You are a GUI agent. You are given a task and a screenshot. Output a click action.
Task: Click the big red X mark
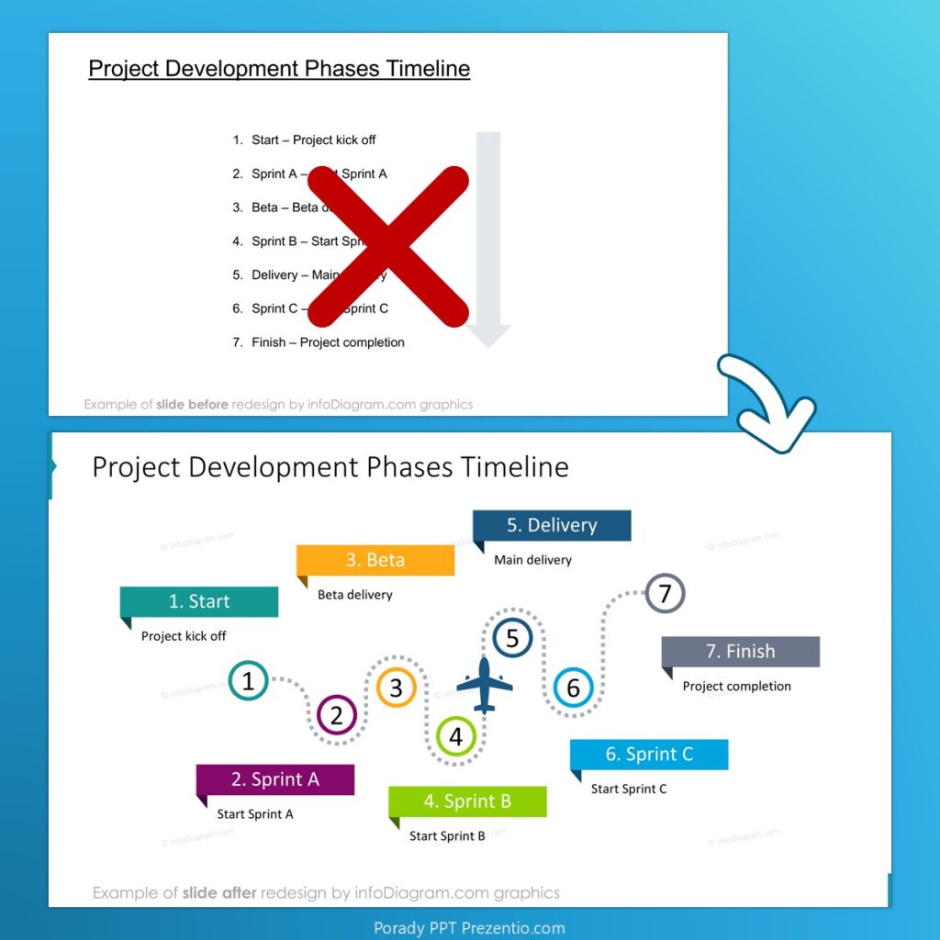tap(388, 246)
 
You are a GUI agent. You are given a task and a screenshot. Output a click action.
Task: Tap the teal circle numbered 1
tap(248, 681)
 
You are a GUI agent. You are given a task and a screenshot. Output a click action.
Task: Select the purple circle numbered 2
tap(337, 715)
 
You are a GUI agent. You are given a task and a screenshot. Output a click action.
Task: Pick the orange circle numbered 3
tap(397, 688)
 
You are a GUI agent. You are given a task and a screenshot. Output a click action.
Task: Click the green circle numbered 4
tap(456, 736)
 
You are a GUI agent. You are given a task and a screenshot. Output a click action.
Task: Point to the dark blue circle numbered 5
tap(512, 638)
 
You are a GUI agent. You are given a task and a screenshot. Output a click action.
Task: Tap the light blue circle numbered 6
tap(574, 688)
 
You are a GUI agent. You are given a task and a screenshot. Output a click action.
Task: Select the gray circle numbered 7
tap(666, 593)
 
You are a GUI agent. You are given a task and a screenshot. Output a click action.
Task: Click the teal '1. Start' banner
tap(199, 601)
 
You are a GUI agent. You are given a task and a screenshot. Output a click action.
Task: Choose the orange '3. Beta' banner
tap(375, 560)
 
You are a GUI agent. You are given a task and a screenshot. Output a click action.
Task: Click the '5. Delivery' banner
tap(552, 525)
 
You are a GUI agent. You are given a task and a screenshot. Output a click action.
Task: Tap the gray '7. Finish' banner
tap(740, 651)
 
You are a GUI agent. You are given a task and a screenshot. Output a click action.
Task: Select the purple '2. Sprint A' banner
tap(275, 779)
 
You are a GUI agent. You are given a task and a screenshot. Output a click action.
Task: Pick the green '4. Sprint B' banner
tap(467, 801)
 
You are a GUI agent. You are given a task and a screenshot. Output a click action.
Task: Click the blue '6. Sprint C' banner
tap(649, 755)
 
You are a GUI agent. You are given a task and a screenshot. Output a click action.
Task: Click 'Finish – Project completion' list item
tap(328, 342)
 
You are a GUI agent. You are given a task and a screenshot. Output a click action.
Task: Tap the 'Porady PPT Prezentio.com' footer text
tap(469, 927)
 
